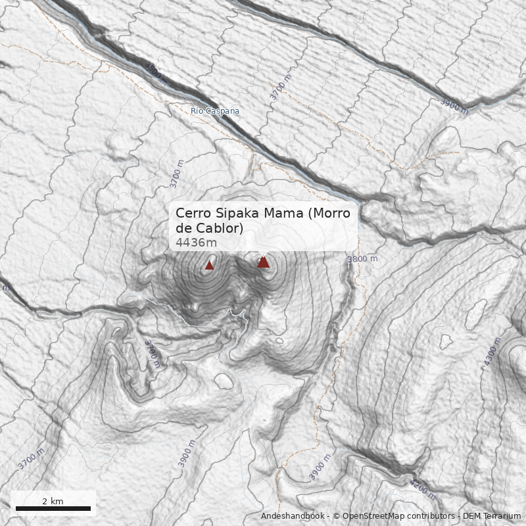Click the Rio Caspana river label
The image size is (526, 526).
tap(215, 111)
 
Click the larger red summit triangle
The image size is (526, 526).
tap(263, 262)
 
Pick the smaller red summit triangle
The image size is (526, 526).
tap(210, 265)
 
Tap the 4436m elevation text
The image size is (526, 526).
tap(196, 243)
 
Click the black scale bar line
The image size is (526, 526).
tap(53, 508)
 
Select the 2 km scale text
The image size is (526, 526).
tap(53, 501)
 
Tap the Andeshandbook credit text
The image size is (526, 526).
tap(293, 516)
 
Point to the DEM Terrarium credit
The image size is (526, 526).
tap(492, 516)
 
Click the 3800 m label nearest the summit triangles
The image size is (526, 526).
tap(362, 259)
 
